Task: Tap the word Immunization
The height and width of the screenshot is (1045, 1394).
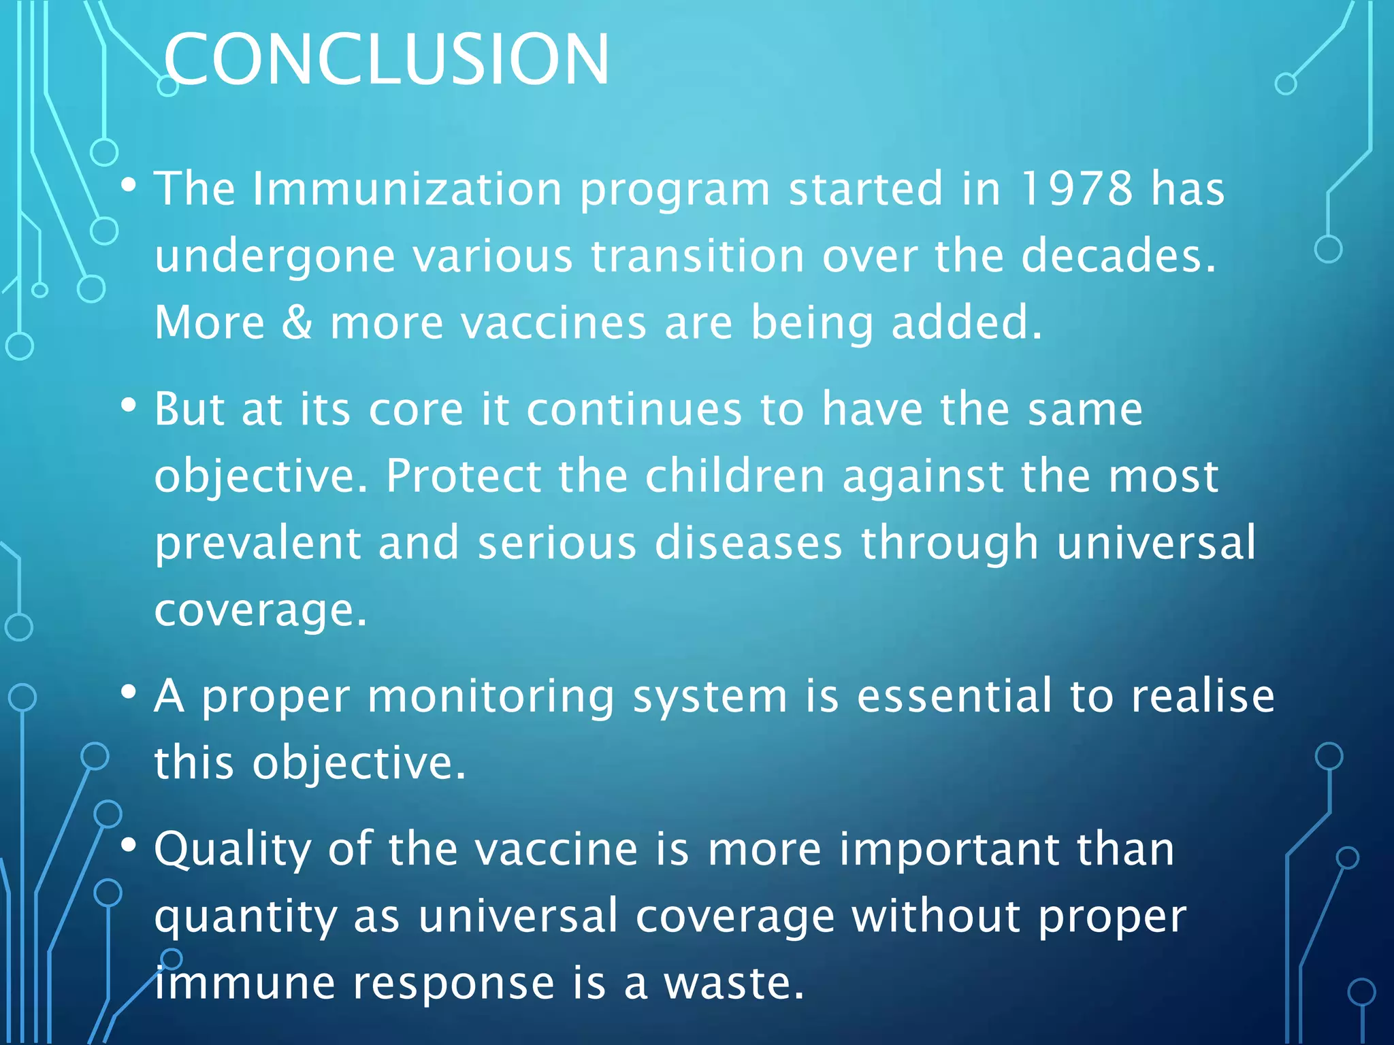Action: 406,188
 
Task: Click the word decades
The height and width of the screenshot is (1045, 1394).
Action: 1118,255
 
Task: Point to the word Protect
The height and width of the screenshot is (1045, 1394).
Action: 463,476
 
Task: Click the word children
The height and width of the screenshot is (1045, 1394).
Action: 734,476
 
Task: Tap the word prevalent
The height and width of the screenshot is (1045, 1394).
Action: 257,543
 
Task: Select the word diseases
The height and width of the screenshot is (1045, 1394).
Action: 748,543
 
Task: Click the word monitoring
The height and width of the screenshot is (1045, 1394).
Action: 491,697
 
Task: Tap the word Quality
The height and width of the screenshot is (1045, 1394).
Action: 232,850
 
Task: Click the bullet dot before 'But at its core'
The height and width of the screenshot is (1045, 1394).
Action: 128,406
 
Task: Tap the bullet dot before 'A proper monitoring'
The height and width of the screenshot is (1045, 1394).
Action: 128,693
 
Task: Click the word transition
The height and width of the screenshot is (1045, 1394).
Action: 697,255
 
